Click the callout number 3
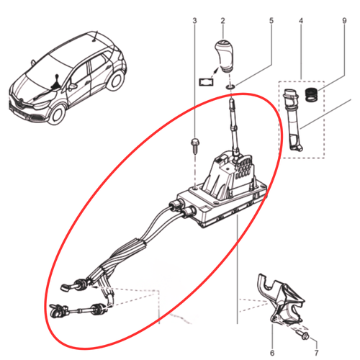coord(194,21)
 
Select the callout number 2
coord(223,21)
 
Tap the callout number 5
coord(271,21)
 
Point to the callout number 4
coord(301,21)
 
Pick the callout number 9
coord(344,21)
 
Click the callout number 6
coord(272,353)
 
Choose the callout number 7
coord(317,353)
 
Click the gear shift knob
coord(224,55)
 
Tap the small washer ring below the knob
coord(230,86)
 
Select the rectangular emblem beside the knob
coord(206,81)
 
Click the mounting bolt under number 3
coord(194,145)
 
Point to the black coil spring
coord(312,95)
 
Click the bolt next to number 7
coord(303,335)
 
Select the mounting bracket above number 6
coord(281,300)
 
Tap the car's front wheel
coord(57,114)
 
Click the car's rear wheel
coord(116,80)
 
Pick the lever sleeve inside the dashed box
coord(293,120)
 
